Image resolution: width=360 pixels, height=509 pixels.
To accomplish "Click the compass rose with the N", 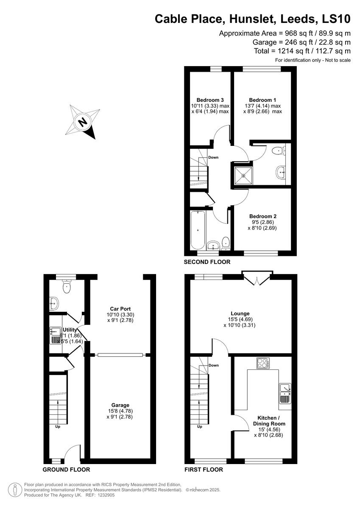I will coord(84,121).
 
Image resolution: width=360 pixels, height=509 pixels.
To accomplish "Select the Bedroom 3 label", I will coord(210,100).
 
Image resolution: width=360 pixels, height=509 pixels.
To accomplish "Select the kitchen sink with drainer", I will coord(285,393).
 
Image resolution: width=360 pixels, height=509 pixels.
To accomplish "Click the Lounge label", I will coord(240,313).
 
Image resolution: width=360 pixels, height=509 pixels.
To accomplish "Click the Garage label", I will coord(121,405).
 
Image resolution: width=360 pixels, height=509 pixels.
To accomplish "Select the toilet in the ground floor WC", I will coord(67,288).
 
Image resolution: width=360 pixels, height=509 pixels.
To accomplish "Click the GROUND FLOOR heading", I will coord(66,470).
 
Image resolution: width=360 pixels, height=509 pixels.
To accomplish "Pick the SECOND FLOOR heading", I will coord(207,262).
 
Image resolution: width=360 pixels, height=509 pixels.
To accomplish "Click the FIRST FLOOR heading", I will coord(204,470).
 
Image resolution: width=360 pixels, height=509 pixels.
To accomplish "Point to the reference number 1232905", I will coord(103,495).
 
